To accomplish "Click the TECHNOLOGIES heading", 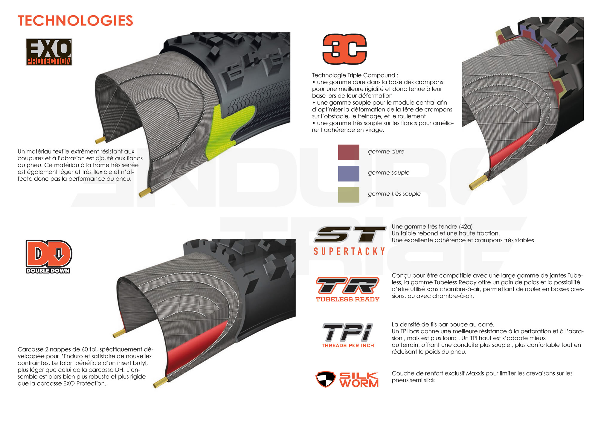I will pyautogui.click(x=75, y=21).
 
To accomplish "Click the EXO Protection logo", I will pyautogui.click(x=49, y=52).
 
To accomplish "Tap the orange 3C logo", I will pyautogui.click(x=344, y=49).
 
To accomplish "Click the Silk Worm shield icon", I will pyautogui.click(x=325, y=379).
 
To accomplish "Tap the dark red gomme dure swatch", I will pyautogui.click(x=348, y=152).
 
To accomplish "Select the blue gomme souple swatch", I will pyautogui.click(x=348, y=174).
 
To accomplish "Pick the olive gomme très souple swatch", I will pyautogui.click(x=348, y=195).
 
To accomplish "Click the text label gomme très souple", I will pyautogui.click(x=394, y=194).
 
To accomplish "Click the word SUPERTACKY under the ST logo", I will pyautogui.click(x=349, y=251).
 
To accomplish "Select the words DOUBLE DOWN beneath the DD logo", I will pyautogui.click(x=48, y=271).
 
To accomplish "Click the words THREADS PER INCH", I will pyautogui.click(x=348, y=346).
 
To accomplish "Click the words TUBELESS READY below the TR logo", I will pyautogui.click(x=347, y=299).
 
